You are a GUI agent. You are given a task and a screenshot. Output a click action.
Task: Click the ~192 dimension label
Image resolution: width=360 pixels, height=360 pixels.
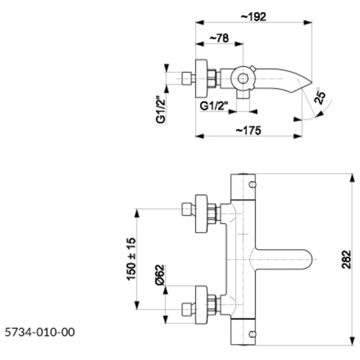point(253,16)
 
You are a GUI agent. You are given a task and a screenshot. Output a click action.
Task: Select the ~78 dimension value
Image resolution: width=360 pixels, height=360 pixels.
point(219,38)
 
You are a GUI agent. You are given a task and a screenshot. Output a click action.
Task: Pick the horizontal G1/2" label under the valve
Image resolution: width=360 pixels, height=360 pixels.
point(214,106)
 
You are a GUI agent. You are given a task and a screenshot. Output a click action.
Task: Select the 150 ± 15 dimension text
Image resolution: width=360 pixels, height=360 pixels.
point(131,258)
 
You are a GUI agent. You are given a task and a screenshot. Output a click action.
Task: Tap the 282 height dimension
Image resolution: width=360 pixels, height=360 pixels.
point(346,259)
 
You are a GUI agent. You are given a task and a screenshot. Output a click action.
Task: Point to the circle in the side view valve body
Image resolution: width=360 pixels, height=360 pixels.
point(243,78)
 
